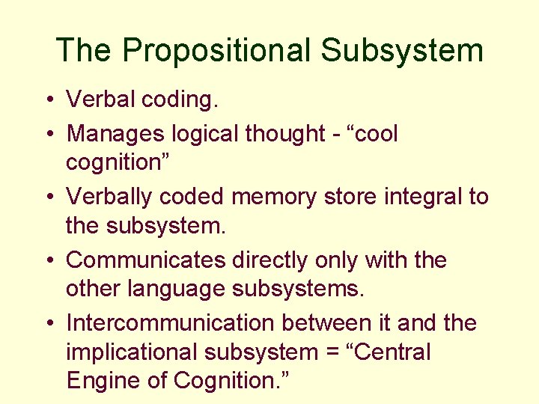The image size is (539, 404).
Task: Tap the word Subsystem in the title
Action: [x=402, y=50]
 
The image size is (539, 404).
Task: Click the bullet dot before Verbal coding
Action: [x=47, y=100]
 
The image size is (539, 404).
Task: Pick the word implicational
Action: [x=134, y=351]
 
